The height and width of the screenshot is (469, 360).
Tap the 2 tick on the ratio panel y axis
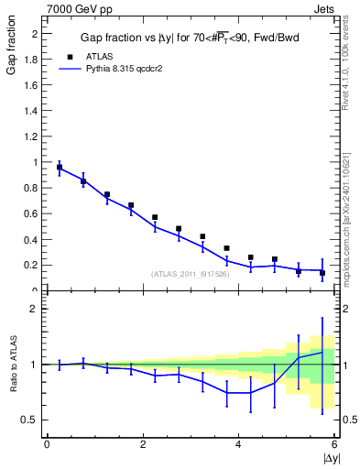click(x=35, y=309)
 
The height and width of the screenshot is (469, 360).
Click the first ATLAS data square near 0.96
click(x=60, y=168)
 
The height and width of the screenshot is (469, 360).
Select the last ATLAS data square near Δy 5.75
click(x=322, y=272)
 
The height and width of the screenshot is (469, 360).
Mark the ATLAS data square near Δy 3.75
click(x=226, y=248)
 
